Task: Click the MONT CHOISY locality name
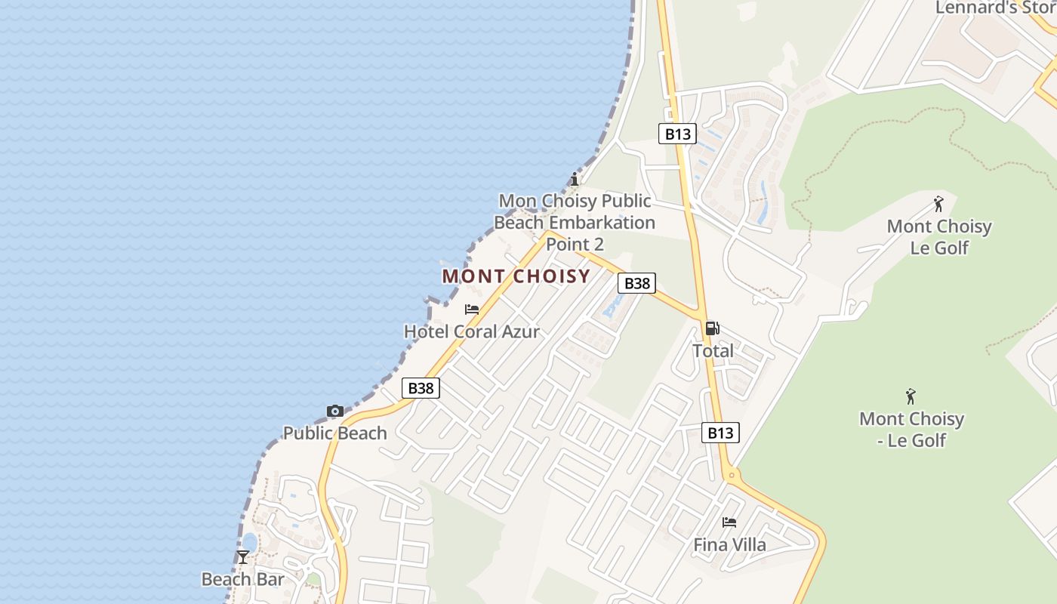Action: click(516, 276)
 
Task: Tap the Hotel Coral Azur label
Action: click(472, 331)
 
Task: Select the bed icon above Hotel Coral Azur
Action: click(472, 310)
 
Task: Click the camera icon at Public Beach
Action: click(335, 411)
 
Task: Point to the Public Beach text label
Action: click(335, 433)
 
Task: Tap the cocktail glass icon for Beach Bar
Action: click(242, 558)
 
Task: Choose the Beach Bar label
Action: click(242, 579)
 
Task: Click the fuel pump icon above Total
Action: click(712, 328)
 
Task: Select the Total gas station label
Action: click(713, 351)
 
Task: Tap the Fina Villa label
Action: click(729, 544)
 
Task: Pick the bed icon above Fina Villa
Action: click(729, 522)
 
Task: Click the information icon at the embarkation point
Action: click(575, 180)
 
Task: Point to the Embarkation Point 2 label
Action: click(575, 223)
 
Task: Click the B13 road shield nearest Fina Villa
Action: click(720, 433)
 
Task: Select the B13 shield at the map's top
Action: click(676, 134)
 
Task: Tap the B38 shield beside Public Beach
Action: click(421, 388)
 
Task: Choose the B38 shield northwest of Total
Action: click(637, 283)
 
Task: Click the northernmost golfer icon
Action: click(938, 204)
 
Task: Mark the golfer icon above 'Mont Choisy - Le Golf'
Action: click(911, 396)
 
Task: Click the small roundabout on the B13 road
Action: click(730, 476)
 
